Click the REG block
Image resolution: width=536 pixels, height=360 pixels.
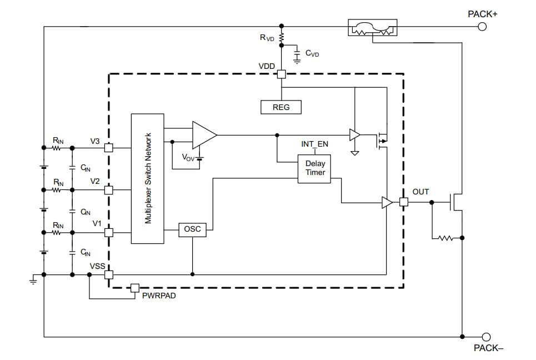tap(281, 107)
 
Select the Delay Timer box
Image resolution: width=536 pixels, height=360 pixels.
tap(315, 168)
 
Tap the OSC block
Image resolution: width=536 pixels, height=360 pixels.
tap(192, 229)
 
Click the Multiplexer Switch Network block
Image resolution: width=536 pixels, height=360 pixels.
tap(148, 178)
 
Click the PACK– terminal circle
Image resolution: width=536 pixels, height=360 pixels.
tap(486, 337)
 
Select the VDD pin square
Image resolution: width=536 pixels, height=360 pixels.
tap(282, 74)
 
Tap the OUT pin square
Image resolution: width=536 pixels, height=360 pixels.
tap(404, 203)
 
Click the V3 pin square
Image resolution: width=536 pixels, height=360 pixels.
tap(109, 148)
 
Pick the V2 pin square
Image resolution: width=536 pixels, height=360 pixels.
tap(109, 190)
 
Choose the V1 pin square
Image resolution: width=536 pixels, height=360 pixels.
tap(109, 232)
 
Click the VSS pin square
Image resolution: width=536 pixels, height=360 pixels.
tap(109, 274)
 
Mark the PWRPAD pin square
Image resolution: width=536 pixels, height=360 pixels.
tap(134, 287)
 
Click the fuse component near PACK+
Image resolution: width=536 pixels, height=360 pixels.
tap(373, 28)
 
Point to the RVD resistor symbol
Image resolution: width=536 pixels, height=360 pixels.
tap(282, 37)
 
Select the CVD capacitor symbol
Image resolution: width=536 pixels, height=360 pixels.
tap(297, 54)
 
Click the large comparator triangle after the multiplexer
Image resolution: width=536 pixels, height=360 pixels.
tap(203, 135)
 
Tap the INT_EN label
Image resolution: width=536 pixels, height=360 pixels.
tap(314, 144)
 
